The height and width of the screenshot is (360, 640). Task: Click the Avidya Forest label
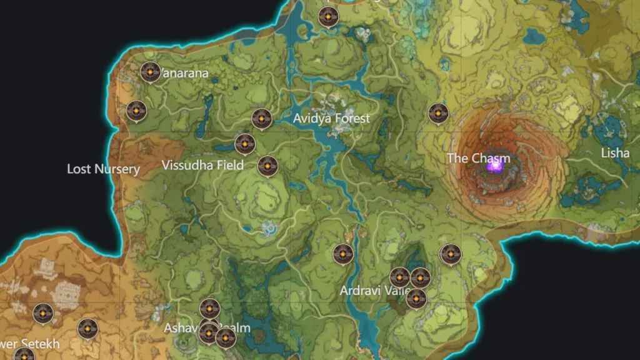pos(331,118)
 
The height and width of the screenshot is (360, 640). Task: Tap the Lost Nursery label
pos(103,169)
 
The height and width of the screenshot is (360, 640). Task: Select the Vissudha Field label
pos(202,166)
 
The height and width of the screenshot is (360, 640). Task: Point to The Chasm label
pos(478,158)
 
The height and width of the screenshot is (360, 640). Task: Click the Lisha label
pos(615,153)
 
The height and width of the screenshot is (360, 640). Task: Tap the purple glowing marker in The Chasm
pos(495,166)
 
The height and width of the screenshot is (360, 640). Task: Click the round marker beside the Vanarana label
pos(149,72)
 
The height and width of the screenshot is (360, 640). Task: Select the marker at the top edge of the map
pos(328,17)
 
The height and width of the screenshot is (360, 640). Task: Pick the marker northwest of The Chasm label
pos(438,113)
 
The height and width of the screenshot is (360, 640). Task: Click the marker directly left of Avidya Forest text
pos(261,118)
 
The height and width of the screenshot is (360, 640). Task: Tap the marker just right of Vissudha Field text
pos(267,166)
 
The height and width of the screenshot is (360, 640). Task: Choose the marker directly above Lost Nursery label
pos(136,111)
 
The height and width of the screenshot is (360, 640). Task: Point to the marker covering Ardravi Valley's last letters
pos(416,298)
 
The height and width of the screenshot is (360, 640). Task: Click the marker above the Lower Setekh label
pos(42,313)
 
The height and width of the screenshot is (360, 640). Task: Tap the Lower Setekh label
pos(29,344)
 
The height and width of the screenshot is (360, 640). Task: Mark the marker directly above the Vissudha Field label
pos(244,144)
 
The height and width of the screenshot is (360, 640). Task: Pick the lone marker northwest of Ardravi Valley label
pos(342,254)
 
